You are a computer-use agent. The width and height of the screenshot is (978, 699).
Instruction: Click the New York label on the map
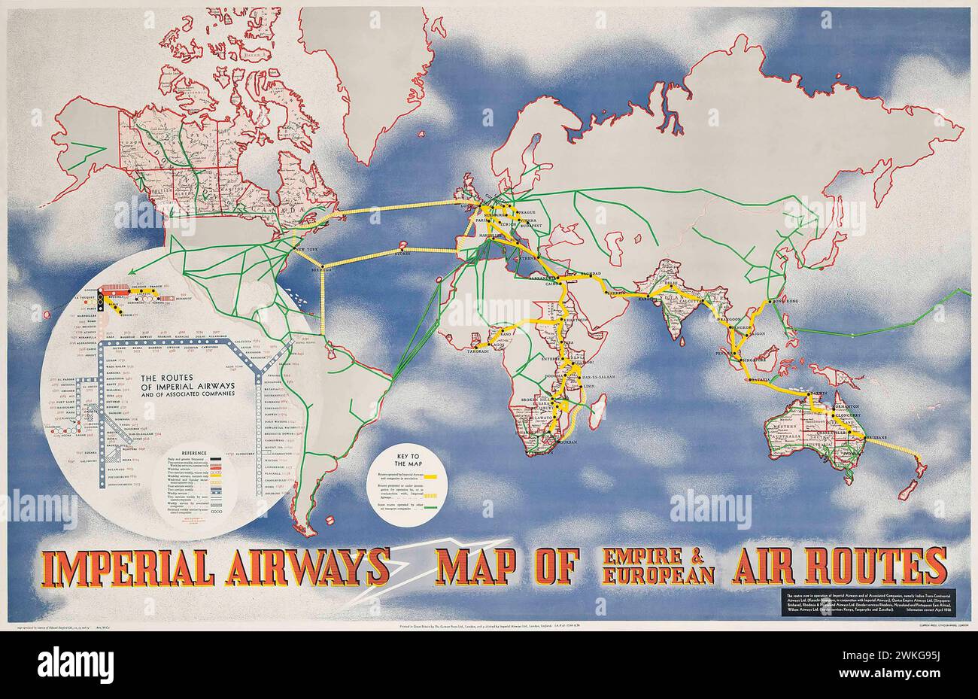[299, 248]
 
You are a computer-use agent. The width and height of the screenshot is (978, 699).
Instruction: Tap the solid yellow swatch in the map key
[431, 477]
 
